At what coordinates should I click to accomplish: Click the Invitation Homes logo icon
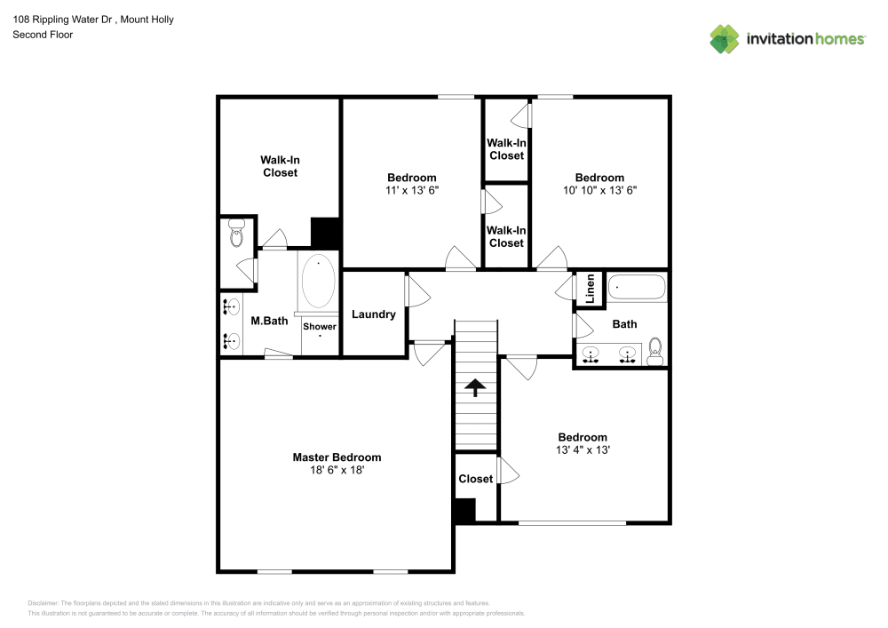pos(725,39)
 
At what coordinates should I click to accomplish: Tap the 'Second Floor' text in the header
pos(43,35)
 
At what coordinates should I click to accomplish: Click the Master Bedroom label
pos(337,457)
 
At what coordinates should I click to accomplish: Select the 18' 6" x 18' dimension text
pos(337,471)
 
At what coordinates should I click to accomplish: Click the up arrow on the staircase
pos(475,386)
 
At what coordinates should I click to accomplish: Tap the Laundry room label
pos(374,314)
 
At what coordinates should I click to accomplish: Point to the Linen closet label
pos(590,290)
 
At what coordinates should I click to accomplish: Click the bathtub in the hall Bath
pos(637,289)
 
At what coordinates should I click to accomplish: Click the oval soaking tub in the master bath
pos(319,282)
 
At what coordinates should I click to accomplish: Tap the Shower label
pos(320,327)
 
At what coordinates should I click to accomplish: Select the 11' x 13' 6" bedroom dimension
pos(412,190)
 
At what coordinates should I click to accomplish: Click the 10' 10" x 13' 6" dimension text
pos(599,190)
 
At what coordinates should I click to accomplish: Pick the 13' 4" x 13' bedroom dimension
pos(583,450)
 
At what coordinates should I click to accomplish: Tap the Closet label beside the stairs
pos(475,479)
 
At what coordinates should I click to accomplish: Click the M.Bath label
pos(269,321)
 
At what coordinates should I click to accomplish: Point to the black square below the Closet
pos(464,510)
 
